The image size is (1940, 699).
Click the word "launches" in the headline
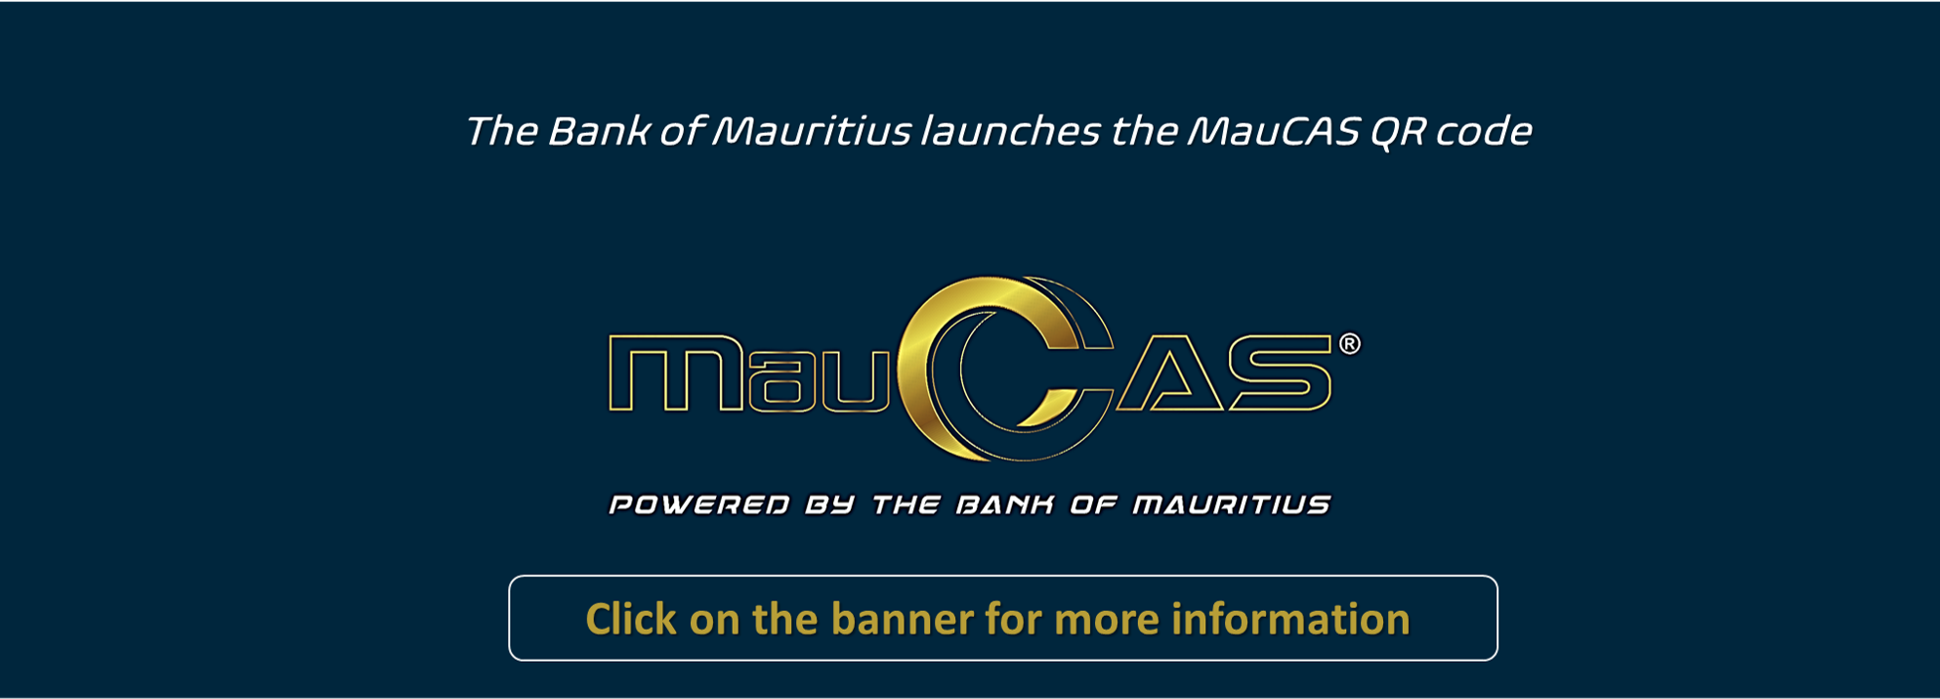point(1010,131)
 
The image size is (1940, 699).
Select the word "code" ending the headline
point(1483,132)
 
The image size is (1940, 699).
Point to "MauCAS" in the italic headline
point(1273,132)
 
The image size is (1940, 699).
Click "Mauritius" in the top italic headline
point(812,132)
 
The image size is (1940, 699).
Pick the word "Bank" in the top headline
point(598,132)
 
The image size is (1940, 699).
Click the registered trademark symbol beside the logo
point(1349,344)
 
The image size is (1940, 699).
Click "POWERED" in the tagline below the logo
point(699,504)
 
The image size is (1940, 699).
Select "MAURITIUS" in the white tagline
point(1232,504)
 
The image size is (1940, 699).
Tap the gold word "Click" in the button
point(631,619)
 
